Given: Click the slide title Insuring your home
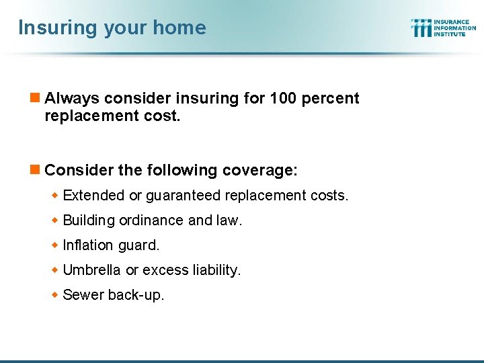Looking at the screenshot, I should [112, 28].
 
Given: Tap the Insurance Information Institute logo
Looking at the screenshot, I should [443, 28].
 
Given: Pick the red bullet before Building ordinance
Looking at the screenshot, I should [56, 220].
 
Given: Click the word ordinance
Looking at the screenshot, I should [147, 220].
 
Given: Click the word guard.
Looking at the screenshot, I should [139, 245].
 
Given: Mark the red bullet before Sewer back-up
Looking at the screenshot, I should [56, 294].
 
